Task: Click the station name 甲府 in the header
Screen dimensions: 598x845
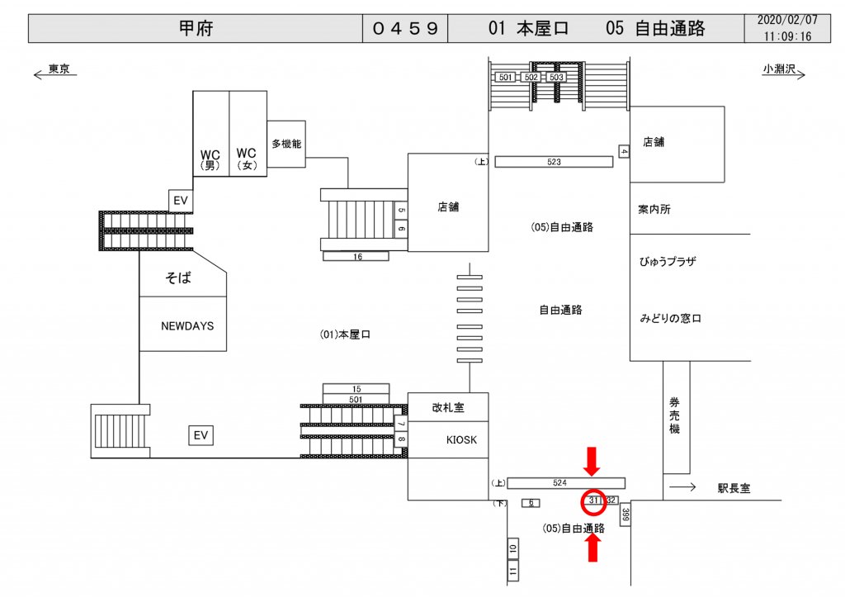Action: coord(195,29)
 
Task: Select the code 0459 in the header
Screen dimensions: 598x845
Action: coord(404,29)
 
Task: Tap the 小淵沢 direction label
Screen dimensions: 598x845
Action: coord(778,70)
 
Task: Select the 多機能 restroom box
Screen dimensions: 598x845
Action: coord(286,144)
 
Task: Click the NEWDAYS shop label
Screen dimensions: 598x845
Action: coord(187,325)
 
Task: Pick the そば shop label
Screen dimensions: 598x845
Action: coord(178,278)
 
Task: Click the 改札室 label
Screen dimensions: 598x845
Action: coord(449,406)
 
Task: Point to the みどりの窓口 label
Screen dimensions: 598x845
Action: coord(670,319)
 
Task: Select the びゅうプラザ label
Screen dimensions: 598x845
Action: coord(668,262)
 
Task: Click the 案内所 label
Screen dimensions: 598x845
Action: coord(654,210)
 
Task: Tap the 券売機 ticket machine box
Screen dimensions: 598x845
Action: coord(675,417)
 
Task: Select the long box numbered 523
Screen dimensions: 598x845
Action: coord(554,162)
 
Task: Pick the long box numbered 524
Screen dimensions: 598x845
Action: coord(565,482)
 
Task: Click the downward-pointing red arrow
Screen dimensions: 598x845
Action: coord(592,460)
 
